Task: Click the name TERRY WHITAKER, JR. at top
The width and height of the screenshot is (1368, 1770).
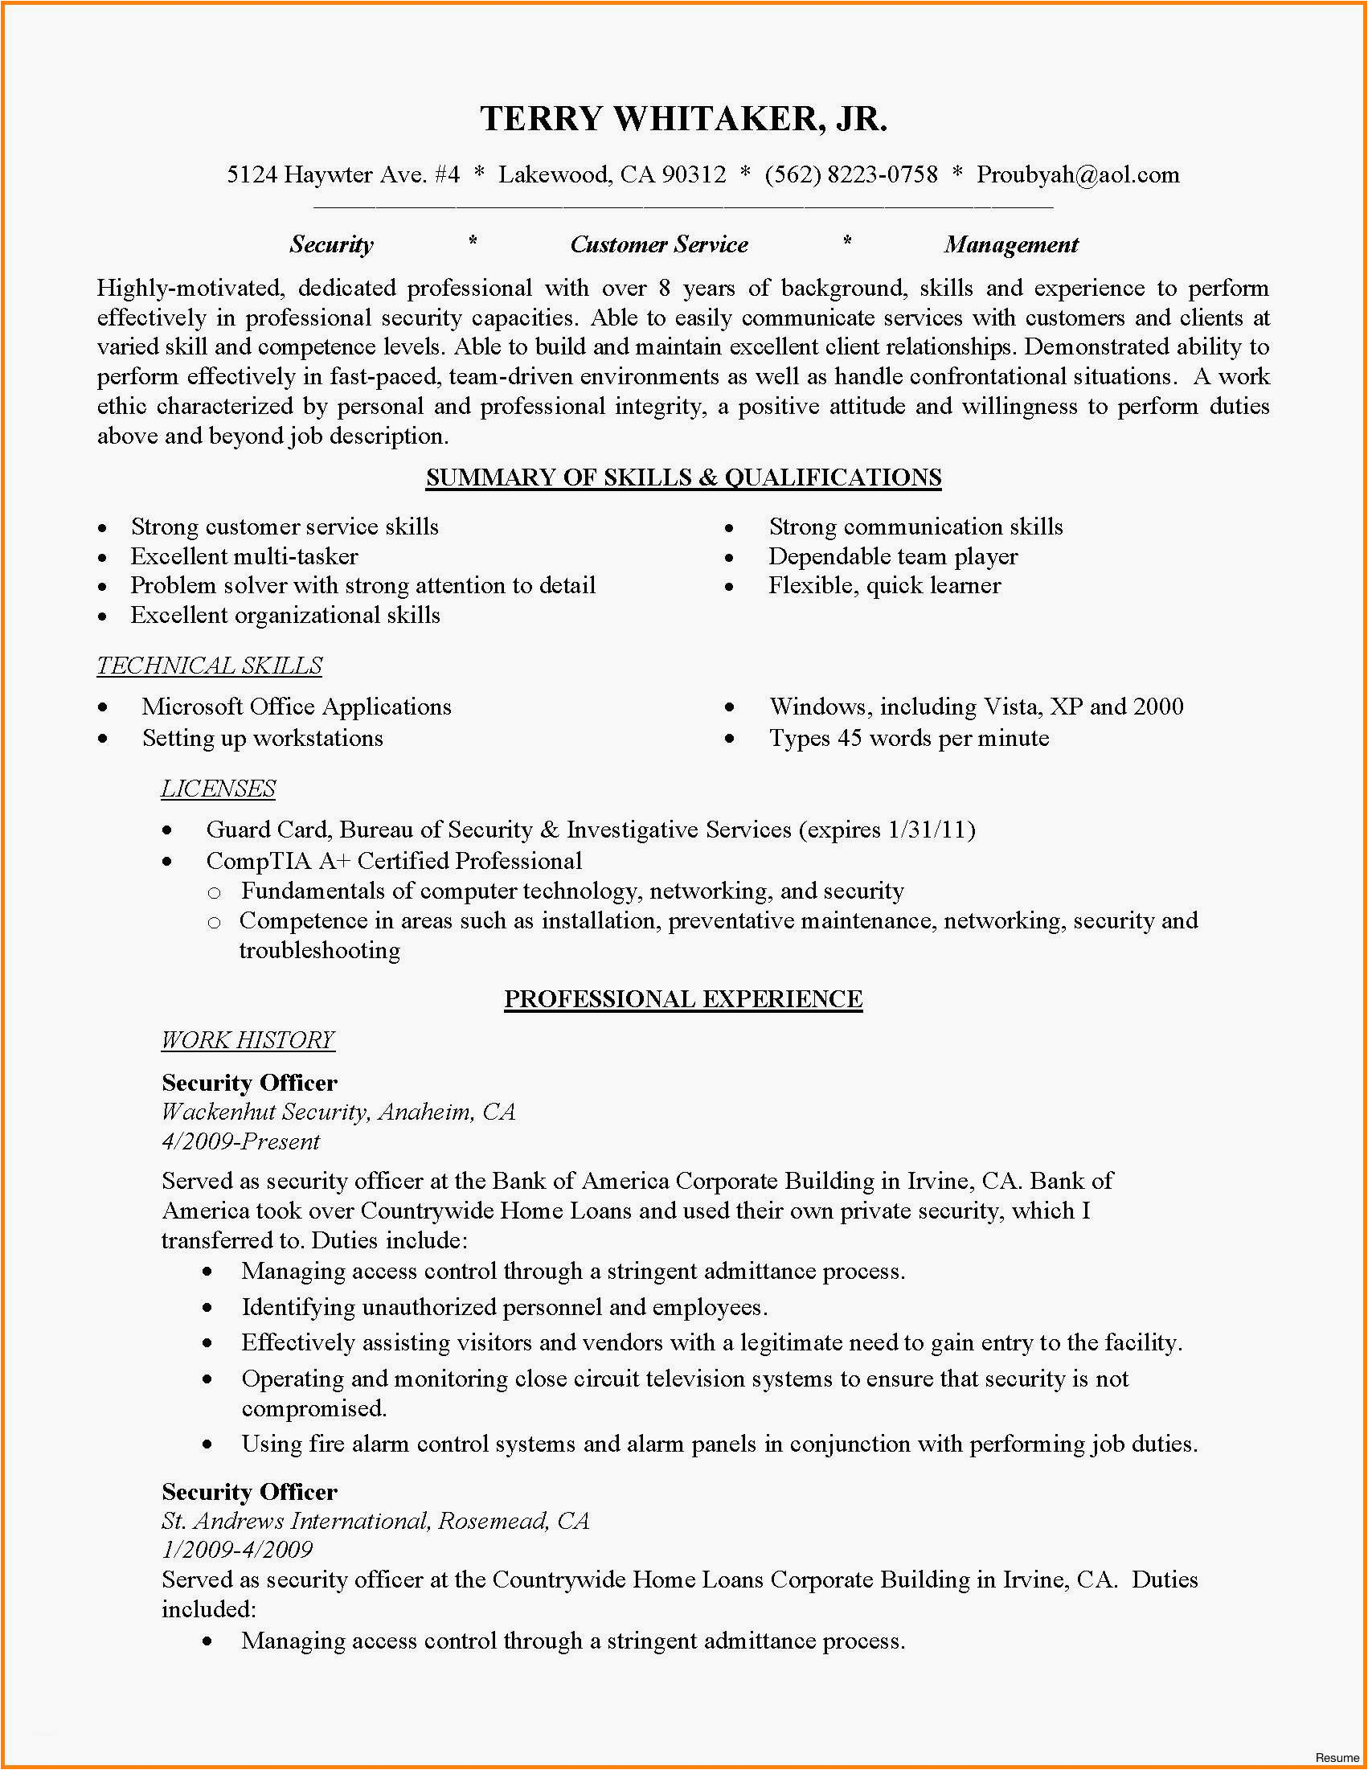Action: [x=683, y=119]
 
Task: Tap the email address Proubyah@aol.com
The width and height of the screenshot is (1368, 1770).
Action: [x=1077, y=175]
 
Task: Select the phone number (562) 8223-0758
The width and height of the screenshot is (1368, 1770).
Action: [x=851, y=175]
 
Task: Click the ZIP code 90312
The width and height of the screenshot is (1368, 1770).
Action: [x=694, y=175]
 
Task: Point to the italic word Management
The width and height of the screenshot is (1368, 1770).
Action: [x=1010, y=244]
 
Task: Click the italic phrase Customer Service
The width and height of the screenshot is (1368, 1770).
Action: [x=659, y=244]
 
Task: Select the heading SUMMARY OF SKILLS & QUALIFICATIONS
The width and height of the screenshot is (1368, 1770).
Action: [x=683, y=477]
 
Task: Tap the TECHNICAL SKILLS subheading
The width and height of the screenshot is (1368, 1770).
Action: [x=210, y=666]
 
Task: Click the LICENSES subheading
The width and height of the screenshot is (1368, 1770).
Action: [x=218, y=789]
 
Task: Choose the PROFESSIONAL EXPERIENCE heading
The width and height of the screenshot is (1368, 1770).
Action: [x=683, y=998]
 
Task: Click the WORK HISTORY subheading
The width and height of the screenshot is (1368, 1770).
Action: [x=248, y=1040]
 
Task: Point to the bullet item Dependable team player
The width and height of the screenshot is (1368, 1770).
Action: [x=893, y=557]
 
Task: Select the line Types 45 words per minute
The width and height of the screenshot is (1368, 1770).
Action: [x=908, y=739]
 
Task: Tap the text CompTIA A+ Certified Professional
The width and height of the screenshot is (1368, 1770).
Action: [x=394, y=861]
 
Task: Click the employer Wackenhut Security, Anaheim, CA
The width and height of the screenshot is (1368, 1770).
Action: [x=338, y=1112]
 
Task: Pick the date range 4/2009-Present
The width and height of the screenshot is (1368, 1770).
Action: [x=240, y=1142]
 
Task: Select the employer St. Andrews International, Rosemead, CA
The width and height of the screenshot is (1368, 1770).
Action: [x=375, y=1520]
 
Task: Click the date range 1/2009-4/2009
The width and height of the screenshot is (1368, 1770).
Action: [x=237, y=1550]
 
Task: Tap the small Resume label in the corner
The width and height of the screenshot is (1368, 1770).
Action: [x=1337, y=1757]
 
